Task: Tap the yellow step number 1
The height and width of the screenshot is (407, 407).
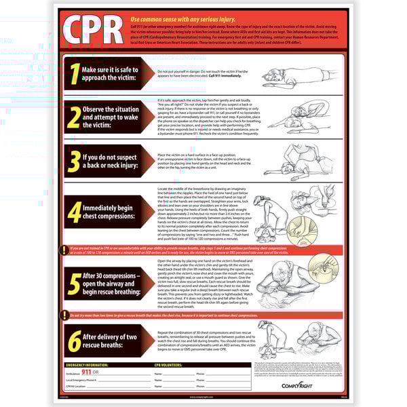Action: tap(73, 74)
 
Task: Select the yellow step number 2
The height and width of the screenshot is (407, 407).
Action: tap(73, 118)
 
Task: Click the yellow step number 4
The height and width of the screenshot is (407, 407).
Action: tap(73, 212)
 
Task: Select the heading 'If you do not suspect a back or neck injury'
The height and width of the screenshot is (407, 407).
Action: tap(110, 161)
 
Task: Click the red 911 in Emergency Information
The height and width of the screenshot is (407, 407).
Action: tap(86, 373)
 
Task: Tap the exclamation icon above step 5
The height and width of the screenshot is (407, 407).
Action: tap(63, 250)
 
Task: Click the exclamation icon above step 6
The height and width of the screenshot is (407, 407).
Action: tap(63, 315)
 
